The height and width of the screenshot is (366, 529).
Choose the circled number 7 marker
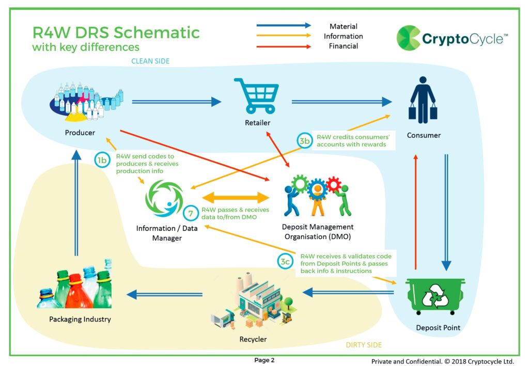190,213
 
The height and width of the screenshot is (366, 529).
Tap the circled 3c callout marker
285,262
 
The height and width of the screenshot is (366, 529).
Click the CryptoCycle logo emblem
408,38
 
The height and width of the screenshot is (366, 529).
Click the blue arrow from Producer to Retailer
176,102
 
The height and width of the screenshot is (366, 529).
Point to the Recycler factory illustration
252,305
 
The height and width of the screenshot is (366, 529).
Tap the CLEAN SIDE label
150,61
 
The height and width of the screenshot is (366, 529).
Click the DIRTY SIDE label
363,344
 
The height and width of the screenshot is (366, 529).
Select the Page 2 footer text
264,360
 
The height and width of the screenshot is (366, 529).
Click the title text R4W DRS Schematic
116,33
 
